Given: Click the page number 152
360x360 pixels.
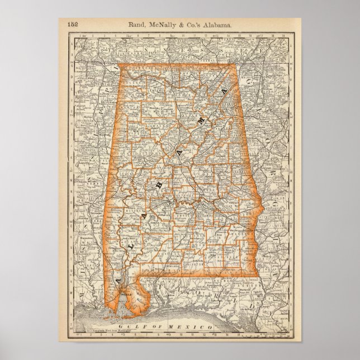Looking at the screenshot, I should (x=72, y=24).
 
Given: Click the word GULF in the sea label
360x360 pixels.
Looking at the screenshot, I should (x=142, y=326).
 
